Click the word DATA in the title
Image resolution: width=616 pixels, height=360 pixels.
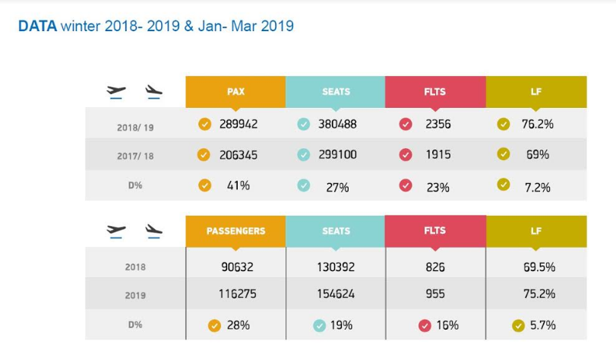tap(37, 26)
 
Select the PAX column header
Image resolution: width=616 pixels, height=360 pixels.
tap(235, 92)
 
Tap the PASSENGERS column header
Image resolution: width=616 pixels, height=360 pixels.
tap(235, 231)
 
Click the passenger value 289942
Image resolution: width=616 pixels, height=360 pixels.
tap(239, 125)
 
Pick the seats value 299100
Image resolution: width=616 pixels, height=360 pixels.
tap(337, 154)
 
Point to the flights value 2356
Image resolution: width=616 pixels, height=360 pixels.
tap(438, 125)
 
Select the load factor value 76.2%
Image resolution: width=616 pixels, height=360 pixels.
tap(538, 125)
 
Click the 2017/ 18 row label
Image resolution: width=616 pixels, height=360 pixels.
tap(135, 156)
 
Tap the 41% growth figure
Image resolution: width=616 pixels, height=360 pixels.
tap(239, 185)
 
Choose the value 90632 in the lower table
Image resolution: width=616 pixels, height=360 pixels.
tap(237, 267)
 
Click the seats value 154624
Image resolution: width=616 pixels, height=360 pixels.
tap(336, 294)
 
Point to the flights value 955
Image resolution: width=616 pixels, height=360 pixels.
tap(435, 294)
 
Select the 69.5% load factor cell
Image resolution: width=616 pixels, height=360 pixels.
tap(539, 267)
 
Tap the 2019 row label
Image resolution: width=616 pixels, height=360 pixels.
tap(135, 295)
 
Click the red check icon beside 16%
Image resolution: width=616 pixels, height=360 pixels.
tap(425, 325)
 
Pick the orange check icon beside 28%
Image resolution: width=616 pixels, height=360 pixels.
tap(214, 325)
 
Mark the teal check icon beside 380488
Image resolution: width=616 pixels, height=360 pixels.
tap(303, 125)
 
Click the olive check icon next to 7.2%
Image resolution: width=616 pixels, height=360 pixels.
tap(504, 185)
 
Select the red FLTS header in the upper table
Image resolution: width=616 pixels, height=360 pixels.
tap(435, 92)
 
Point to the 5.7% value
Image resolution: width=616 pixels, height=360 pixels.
tap(542, 325)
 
